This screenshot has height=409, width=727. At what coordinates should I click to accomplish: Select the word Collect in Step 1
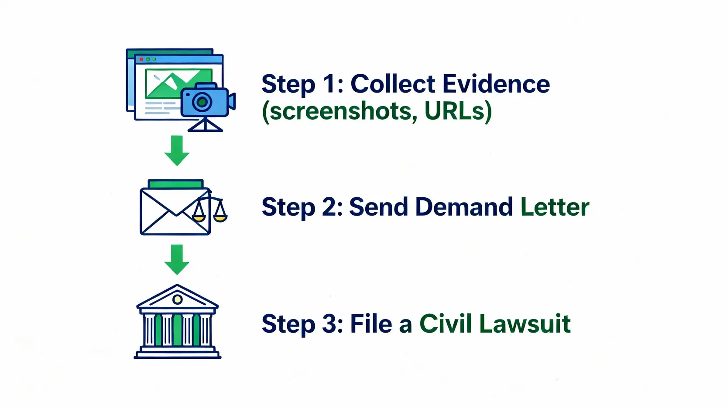[x=393, y=84]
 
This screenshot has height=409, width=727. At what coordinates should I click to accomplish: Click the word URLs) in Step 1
[x=458, y=111]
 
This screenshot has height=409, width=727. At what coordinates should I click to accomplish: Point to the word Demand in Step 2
[x=464, y=207]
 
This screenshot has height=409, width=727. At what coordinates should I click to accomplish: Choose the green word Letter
[x=555, y=207]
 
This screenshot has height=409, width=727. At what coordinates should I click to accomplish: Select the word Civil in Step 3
[x=446, y=324]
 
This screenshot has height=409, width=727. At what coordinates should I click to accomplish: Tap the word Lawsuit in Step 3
[x=525, y=324]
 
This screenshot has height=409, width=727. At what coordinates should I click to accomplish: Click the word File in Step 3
[x=371, y=324]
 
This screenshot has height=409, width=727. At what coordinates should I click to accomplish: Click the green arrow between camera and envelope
[x=177, y=151]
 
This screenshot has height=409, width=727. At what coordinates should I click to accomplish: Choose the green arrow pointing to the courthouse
[x=177, y=260]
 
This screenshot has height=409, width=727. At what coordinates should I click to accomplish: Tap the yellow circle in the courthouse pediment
[x=177, y=299]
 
